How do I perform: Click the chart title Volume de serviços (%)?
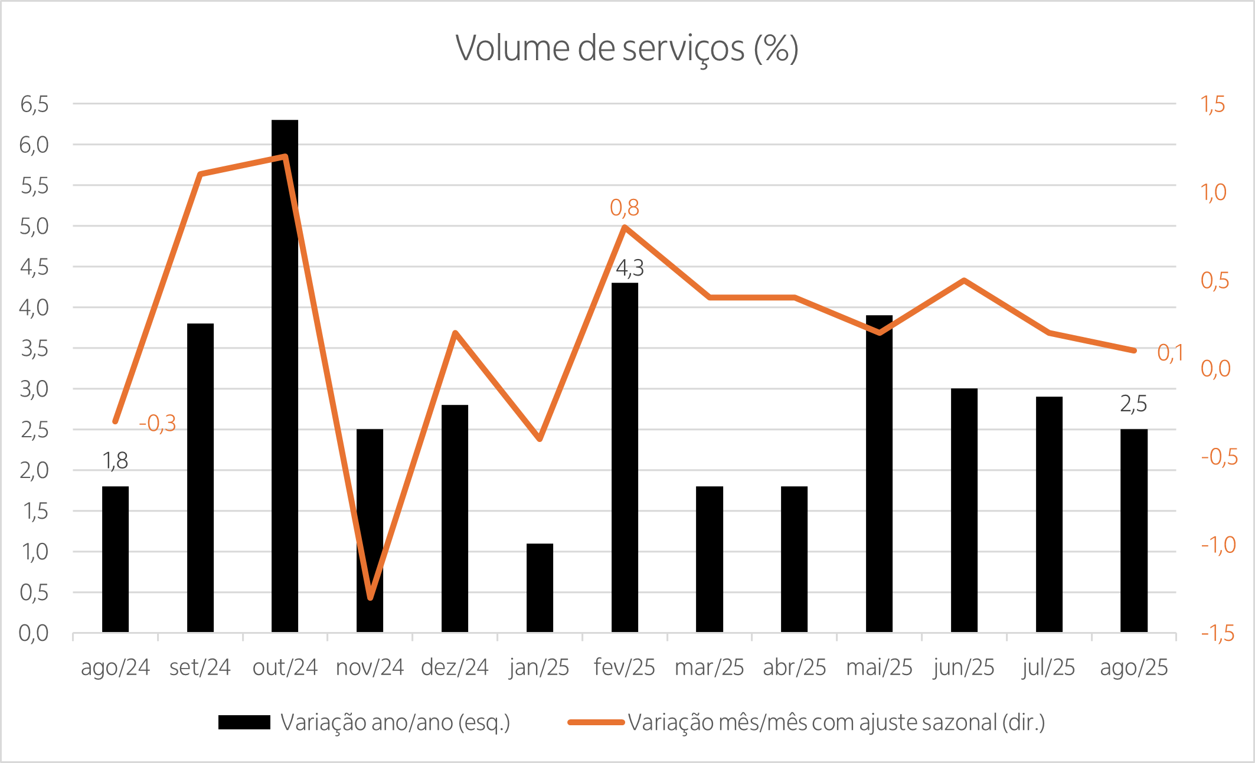[x=627, y=48]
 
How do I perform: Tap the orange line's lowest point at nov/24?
[x=370, y=598]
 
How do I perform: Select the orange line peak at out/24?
[x=285, y=157]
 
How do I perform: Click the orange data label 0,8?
[x=624, y=208]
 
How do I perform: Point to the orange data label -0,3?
[x=158, y=423]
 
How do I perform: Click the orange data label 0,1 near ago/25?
[x=1170, y=353]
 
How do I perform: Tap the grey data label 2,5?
[x=1133, y=404]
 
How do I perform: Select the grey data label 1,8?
[x=115, y=461]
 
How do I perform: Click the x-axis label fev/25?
[x=624, y=667]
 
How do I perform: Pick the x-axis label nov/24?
[x=370, y=667]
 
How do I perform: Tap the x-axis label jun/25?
[x=963, y=667]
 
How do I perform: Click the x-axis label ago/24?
[x=115, y=667]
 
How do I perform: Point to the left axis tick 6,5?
[x=34, y=104]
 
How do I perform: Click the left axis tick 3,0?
[x=34, y=389]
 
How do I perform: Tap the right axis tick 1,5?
[x=1213, y=104]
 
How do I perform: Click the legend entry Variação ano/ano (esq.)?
[x=395, y=722]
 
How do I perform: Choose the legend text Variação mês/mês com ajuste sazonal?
[x=836, y=722]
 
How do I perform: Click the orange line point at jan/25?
[x=540, y=439]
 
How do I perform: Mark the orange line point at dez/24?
[x=455, y=333]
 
